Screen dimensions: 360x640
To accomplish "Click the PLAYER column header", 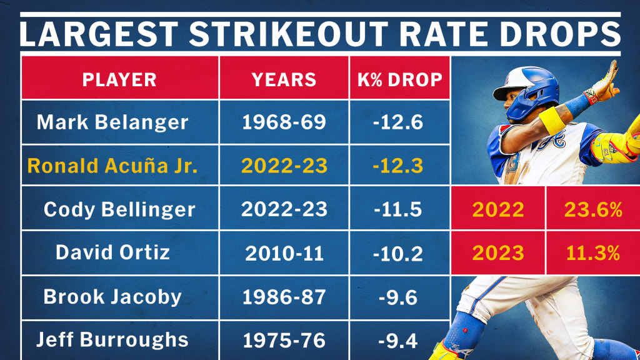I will pos(119,79).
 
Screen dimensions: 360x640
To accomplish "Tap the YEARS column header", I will pos(284,79).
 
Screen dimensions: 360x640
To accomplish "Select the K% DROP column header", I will pos(399,79).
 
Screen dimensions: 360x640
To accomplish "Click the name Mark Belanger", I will pos(112,121).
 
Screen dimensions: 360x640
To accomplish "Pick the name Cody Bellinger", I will pos(119,209).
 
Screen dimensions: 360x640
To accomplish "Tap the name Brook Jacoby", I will pos(112,296).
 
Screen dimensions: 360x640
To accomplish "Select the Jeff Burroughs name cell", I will pos(112,339).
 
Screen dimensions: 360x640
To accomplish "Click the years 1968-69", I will pos(284,121).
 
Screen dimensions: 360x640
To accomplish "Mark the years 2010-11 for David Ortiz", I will pos(284,252).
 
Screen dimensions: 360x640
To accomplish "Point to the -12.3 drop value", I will pos(399,166).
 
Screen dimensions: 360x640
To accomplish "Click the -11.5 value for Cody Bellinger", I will pos(399,209).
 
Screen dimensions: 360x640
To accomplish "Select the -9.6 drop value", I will pos(399,296).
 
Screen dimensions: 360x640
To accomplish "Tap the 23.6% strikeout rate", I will pos(592,209).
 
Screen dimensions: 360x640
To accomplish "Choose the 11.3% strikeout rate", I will pos(592,252).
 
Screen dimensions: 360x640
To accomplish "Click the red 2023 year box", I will pos(498,252).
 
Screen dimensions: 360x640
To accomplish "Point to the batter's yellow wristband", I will pos(552,120).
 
